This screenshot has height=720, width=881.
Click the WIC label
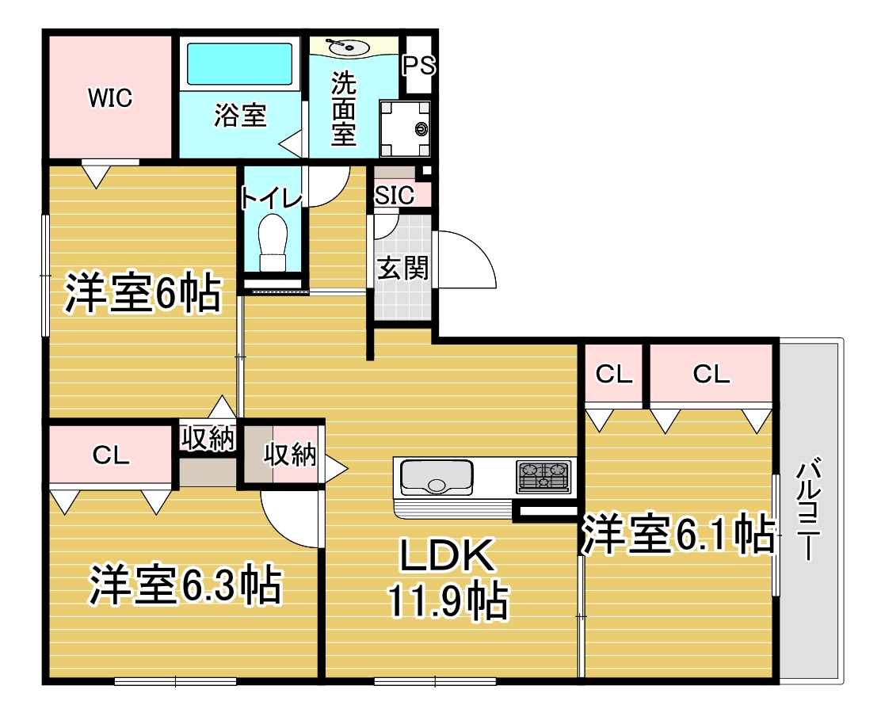[x=110, y=97]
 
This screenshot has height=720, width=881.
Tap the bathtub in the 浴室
[x=240, y=64]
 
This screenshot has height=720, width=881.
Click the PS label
[x=418, y=66]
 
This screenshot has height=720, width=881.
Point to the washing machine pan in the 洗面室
[x=405, y=128]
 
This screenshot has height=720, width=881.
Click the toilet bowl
[x=273, y=242]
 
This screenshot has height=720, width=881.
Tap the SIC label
[x=395, y=196]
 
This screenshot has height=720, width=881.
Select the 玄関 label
[x=402, y=268]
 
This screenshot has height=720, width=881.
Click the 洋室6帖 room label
[x=143, y=292]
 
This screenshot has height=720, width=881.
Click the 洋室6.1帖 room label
[x=677, y=534]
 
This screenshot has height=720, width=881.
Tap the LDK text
[x=448, y=554]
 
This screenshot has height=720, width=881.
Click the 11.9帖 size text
[x=448, y=601]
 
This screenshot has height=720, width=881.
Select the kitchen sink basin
[x=436, y=478]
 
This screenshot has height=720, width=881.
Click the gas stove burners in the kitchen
[x=543, y=476]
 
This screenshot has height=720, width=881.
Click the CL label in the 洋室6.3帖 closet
[x=111, y=455]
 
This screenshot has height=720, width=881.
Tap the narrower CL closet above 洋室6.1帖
[x=613, y=374]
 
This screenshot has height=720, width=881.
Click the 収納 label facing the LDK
[x=290, y=454]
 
